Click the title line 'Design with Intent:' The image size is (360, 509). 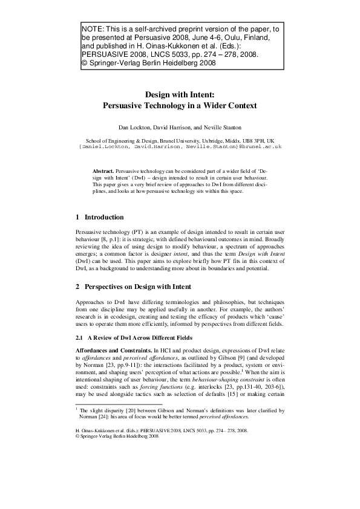pyautogui.click(x=180, y=94)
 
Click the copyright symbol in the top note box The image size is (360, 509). pyautogui.click(x=83, y=62)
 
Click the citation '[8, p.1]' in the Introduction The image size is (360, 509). pyautogui.click(x=111, y=239)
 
